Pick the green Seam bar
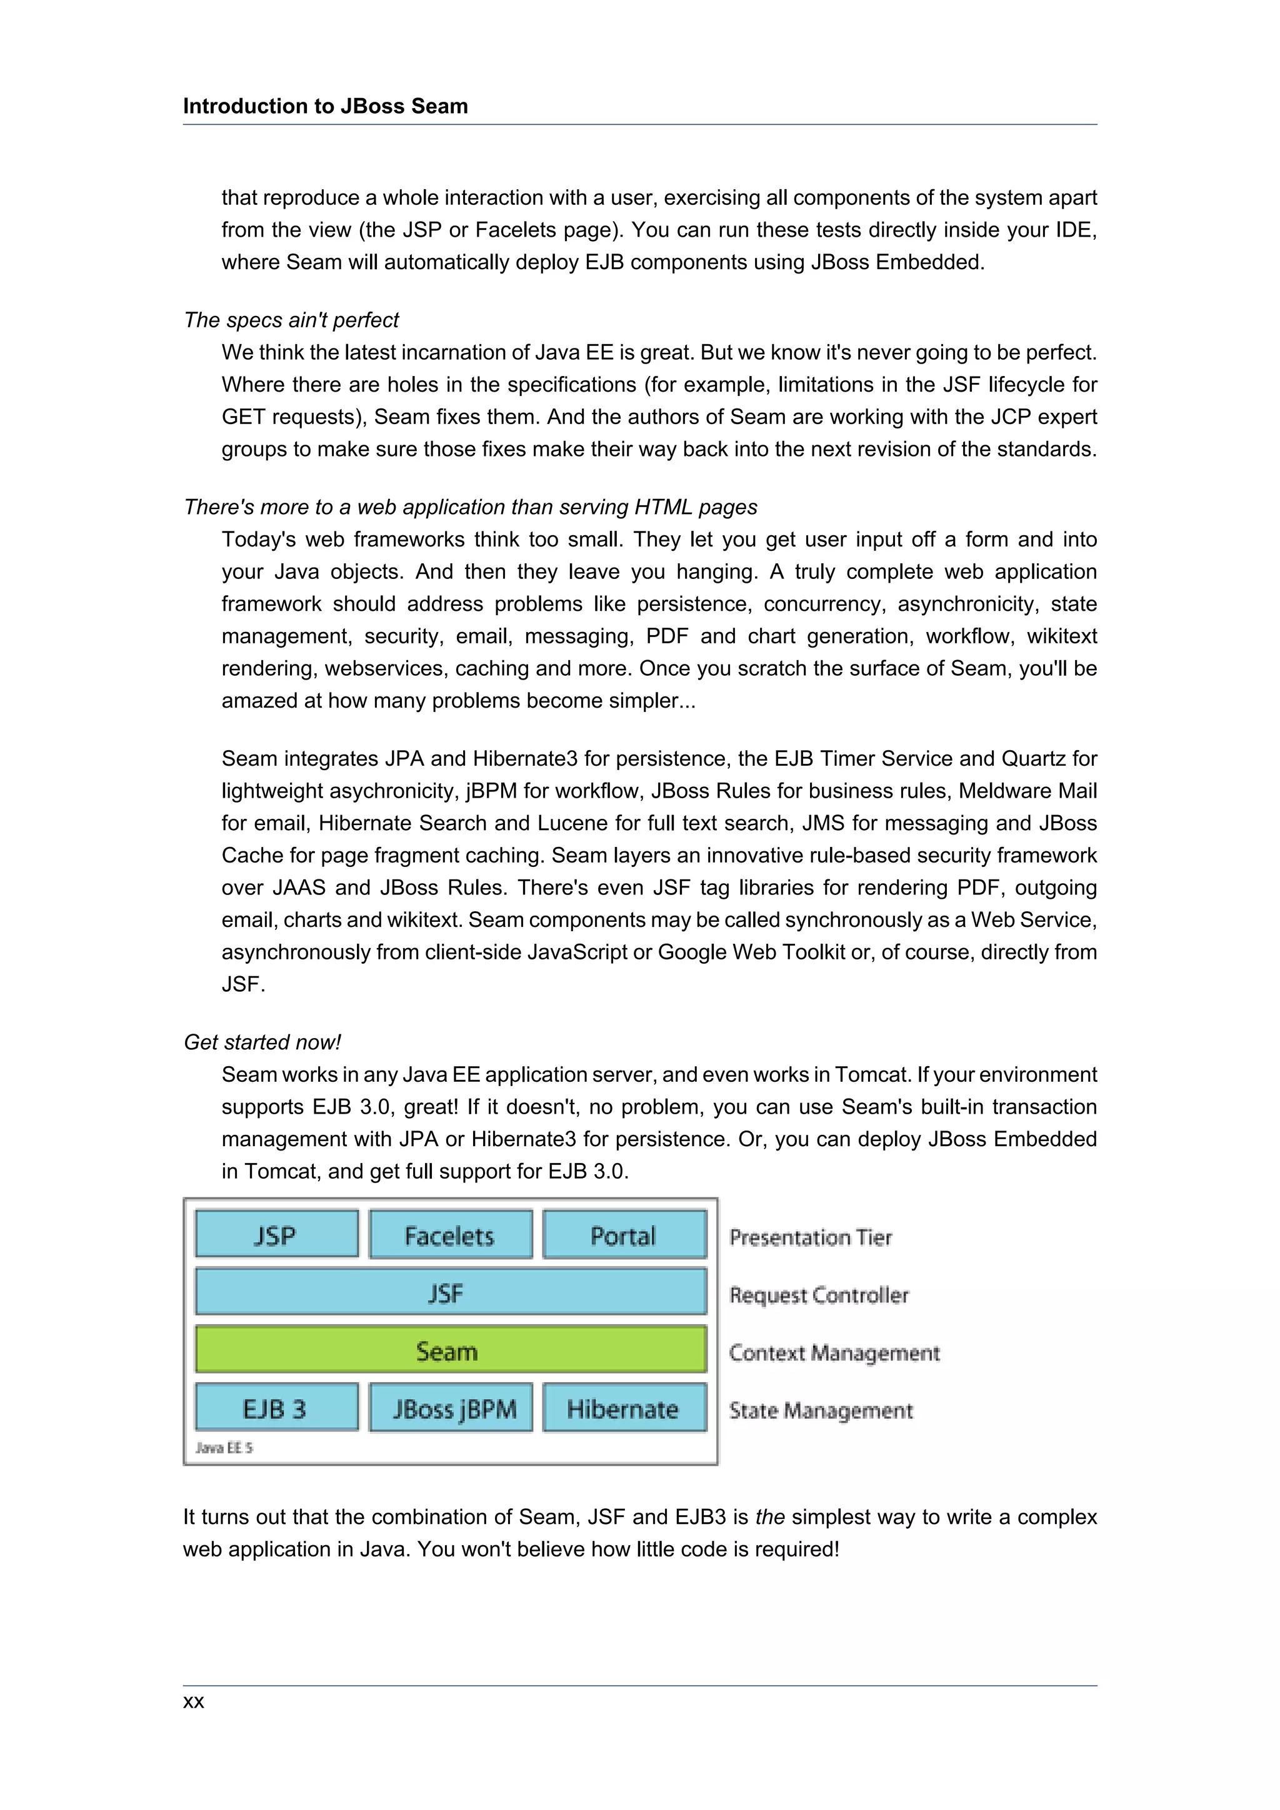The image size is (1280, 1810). (451, 1350)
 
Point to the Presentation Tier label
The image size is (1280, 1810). (810, 1237)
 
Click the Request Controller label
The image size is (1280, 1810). (819, 1295)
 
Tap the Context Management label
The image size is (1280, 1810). (834, 1353)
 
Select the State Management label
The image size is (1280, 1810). (820, 1410)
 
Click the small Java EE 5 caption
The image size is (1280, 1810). (224, 1447)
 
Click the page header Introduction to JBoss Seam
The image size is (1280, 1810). (325, 106)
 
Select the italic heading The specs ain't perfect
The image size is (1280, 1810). (291, 320)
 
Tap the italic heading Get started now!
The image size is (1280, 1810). (262, 1042)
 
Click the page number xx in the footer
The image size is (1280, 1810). (193, 1701)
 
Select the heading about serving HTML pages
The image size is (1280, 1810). (470, 507)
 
